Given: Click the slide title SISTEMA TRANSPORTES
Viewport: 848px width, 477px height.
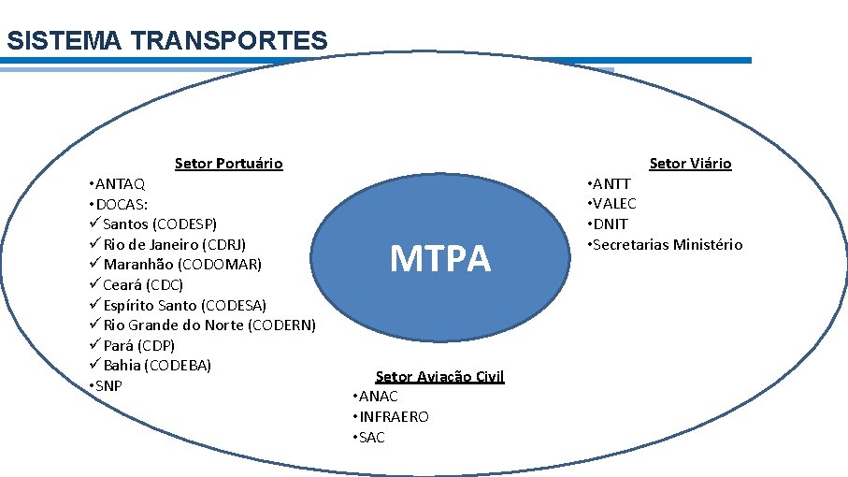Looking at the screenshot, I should (x=166, y=41).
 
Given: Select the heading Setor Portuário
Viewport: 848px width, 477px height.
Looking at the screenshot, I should (x=228, y=164).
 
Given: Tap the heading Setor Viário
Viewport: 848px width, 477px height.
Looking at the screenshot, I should (x=690, y=164).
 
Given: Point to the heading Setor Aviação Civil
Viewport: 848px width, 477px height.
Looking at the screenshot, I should (x=439, y=376).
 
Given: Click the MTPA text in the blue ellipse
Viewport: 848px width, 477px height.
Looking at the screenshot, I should (x=439, y=258).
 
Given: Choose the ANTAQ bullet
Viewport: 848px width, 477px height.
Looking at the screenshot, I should (x=117, y=183).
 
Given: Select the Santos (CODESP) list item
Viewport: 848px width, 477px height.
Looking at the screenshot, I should (x=159, y=224).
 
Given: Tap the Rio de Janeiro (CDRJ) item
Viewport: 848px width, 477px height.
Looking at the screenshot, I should (x=174, y=244).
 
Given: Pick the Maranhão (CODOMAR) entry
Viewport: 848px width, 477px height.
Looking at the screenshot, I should (x=181, y=265).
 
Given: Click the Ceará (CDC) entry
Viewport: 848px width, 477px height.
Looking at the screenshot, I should (x=143, y=285).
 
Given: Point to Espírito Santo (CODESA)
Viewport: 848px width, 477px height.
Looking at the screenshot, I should (x=184, y=305).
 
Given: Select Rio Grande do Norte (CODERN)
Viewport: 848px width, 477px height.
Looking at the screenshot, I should (x=208, y=325).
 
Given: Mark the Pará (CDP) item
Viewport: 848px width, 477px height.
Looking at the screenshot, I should (x=138, y=345).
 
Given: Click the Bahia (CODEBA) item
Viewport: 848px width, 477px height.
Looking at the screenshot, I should (x=157, y=365).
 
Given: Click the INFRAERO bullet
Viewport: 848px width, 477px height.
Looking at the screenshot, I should (x=392, y=417).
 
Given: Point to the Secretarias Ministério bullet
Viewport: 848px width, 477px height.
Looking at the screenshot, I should (x=665, y=244).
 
